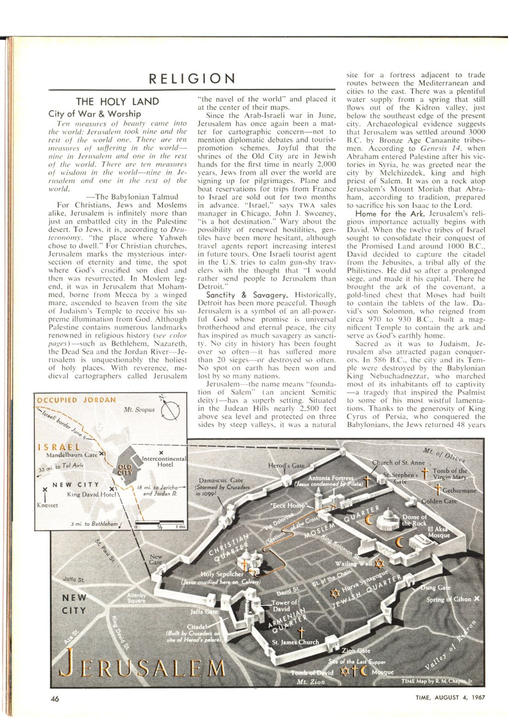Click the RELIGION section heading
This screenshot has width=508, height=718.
coord(192,79)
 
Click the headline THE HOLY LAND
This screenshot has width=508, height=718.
coord(117,101)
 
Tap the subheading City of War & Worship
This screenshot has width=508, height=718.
coord(95,113)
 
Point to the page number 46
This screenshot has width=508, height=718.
coord(55,699)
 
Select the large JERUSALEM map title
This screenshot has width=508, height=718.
coord(144,667)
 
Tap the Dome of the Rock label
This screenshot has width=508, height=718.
coord(414,520)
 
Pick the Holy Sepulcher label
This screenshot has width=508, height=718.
coord(222,574)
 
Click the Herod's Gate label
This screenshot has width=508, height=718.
coord(286,465)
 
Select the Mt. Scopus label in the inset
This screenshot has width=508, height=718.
coord(139,410)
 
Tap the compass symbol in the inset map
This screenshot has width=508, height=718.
coord(170,410)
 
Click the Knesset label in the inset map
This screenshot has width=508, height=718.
coord(47,505)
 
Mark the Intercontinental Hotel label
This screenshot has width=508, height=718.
coord(164,461)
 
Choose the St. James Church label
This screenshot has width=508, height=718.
coord(296,642)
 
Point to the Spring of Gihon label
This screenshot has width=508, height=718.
coord(449,599)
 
